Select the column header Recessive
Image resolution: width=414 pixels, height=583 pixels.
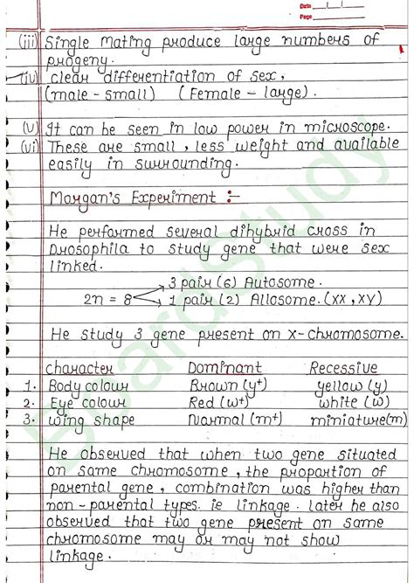coord(343,369)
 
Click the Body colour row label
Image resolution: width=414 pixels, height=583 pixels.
coord(88,385)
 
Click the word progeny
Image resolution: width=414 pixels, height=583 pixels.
coord(79,59)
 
